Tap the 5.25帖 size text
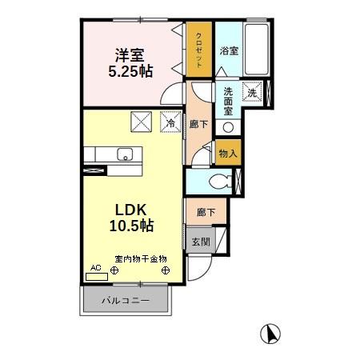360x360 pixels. point(130,70)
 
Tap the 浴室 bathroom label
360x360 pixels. point(229,50)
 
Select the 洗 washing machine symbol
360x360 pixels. point(252,92)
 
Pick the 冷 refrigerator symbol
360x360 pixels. point(171,122)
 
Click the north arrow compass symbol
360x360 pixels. point(271,332)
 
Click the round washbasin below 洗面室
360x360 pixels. point(228,127)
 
